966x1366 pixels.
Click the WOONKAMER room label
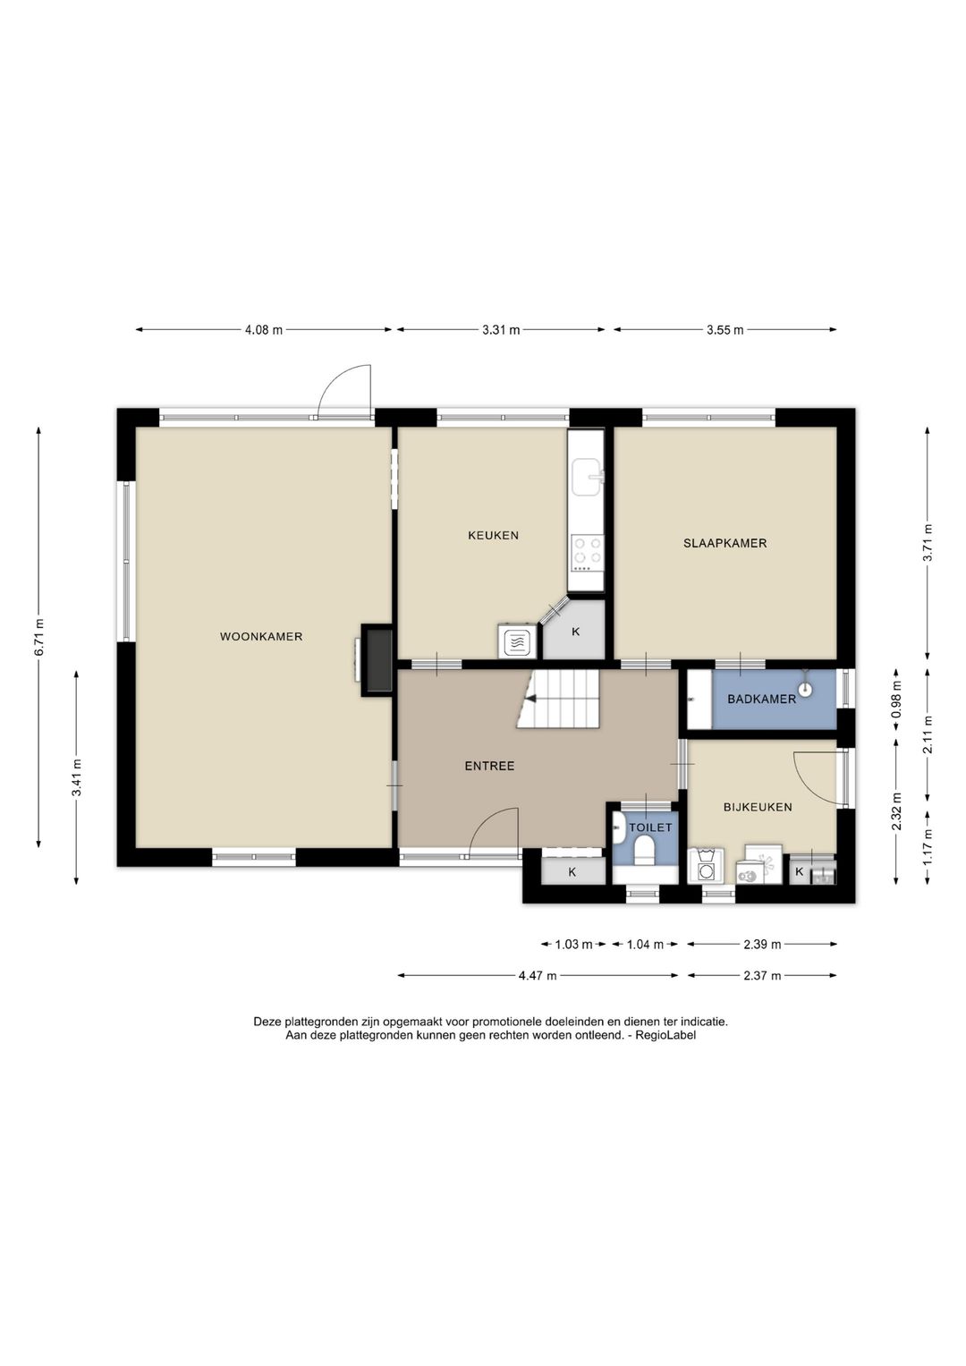pos(261,637)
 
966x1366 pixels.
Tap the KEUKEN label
pos(493,536)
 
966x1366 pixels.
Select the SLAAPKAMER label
pos(724,543)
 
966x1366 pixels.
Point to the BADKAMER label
pos(762,700)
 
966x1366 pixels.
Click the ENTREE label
pos(490,766)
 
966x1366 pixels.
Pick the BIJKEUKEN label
pos(758,808)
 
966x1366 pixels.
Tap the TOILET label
pos(651,827)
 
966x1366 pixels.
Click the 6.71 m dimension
pos(39,637)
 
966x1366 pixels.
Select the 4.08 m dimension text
pos(264,330)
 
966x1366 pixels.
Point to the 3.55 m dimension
pos(724,330)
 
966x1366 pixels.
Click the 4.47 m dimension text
pos(538,976)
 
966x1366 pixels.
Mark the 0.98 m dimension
pos(896,700)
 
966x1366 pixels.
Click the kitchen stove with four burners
pos(587,553)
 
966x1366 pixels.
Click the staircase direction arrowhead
pos(532,699)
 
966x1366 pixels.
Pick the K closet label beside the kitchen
pos(576,632)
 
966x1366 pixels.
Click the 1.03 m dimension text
pos(573,945)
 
